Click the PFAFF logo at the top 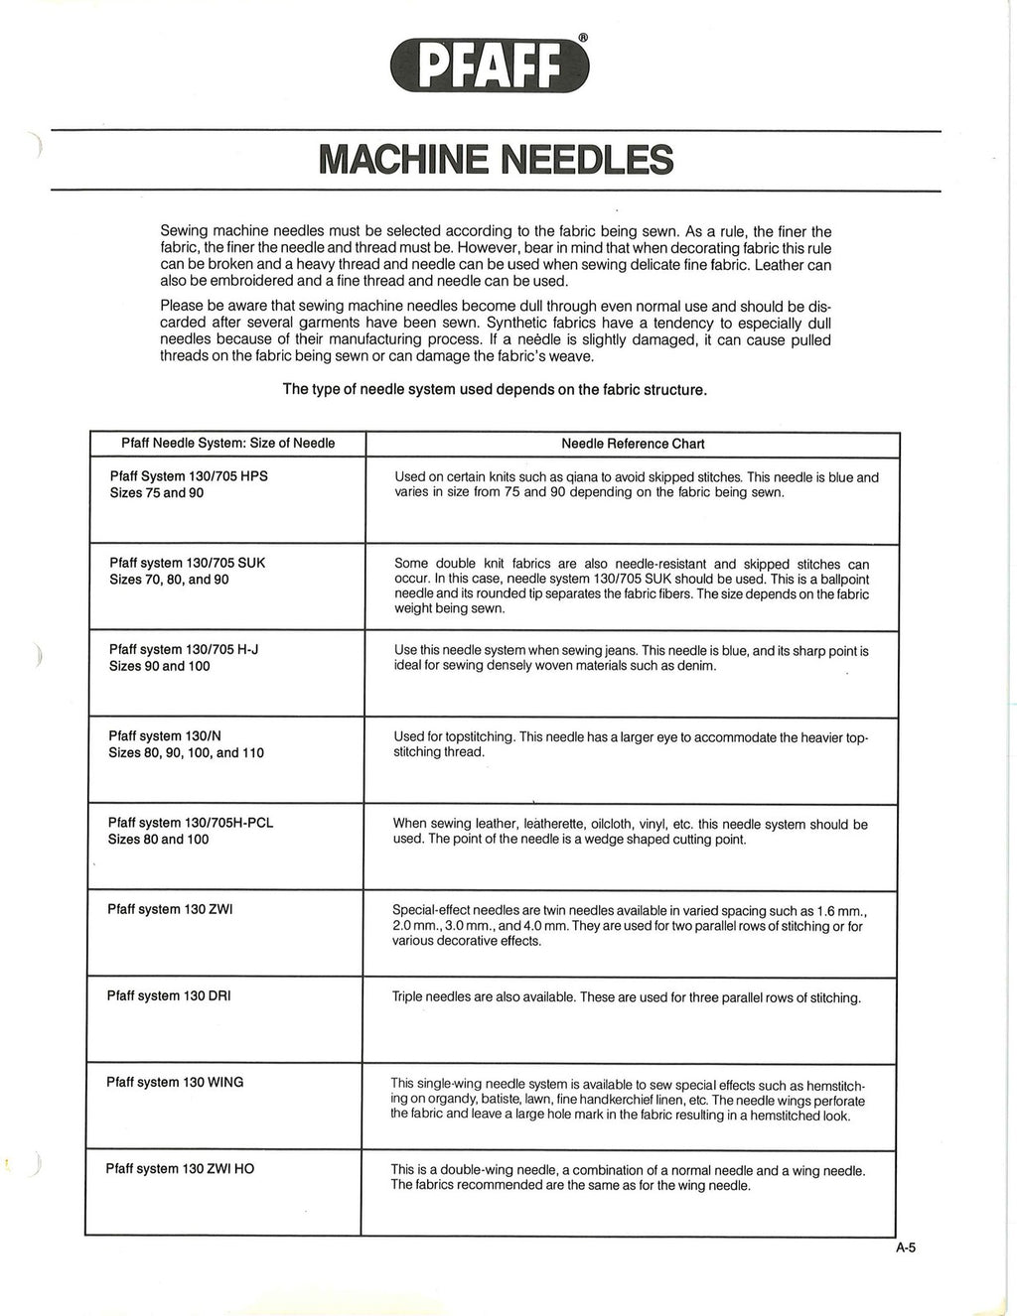(x=491, y=64)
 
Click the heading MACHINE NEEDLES (x=496, y=160)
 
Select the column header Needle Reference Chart (x=633, y=444)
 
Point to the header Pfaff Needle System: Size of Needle (x=227, y=443)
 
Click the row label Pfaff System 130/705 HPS (x=189, y=476)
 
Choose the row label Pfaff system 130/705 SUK (x=187, y=563)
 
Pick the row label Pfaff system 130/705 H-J (x=184, y=649)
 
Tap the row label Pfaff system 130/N (x=165, y=735)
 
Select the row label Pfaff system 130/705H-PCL (x=191, y=823)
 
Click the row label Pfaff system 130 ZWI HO (x=180, y=1168)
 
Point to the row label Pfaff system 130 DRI (x=169, y=995)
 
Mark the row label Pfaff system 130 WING (x=175, y=1082)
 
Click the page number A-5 (x=905, y=1249)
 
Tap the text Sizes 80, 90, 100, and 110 (x=186, y=752)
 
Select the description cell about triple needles (x=627, y=997)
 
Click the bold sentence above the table (x=495, y=389)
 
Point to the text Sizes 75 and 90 (x=156, y=493)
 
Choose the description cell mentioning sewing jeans (x=631, y=658)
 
